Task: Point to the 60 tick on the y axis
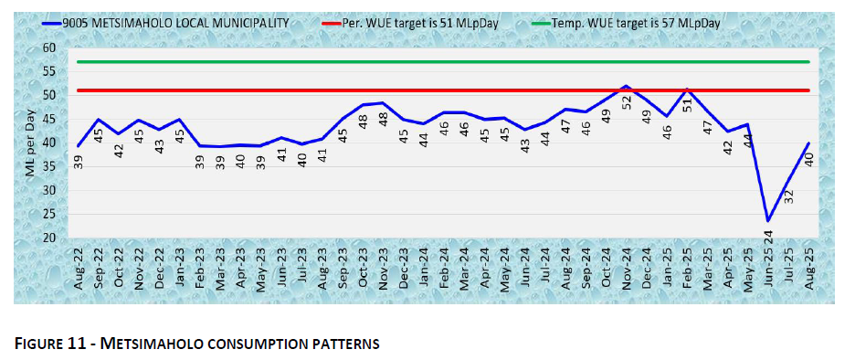tap(49, 48)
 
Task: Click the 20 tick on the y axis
tap(49, 238)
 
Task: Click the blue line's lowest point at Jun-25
tap(768, 220)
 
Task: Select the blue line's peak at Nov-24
tap(626, 86)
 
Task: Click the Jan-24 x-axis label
tap(425, 271)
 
